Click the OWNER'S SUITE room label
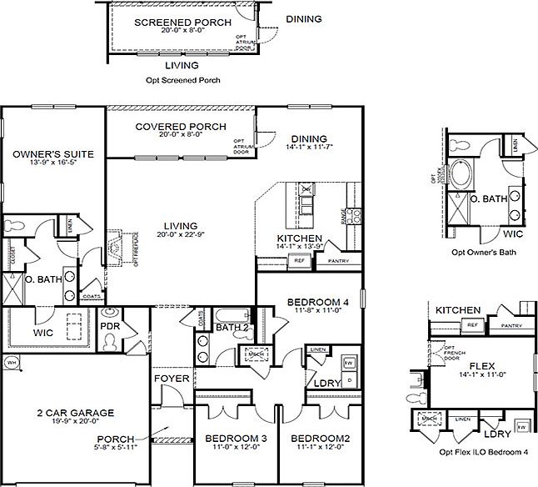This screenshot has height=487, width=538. point(52,155)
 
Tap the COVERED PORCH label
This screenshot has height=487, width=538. point(181,127)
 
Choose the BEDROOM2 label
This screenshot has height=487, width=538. point(316,438)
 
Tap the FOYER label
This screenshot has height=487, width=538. point(172,379)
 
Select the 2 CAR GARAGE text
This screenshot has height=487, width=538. point(76,413)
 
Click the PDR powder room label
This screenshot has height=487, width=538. point(111,325)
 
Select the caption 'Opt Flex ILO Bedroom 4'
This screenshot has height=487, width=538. point(483,452)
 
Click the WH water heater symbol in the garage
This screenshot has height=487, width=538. point(11,364)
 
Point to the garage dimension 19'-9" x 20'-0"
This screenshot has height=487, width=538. point(76,423)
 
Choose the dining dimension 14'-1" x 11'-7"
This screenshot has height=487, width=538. point(309,149)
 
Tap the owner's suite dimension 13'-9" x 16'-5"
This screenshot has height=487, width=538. point(52,165)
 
